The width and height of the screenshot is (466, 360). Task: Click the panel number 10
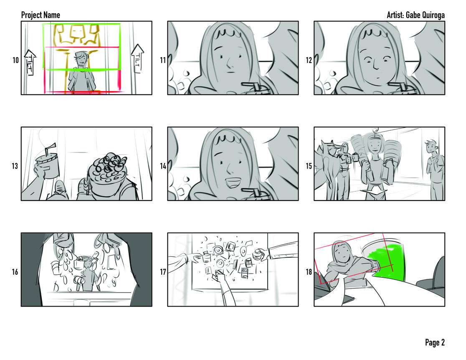coord(15,60)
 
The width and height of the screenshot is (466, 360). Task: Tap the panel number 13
coord(15,166)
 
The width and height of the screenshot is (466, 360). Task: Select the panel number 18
coord(309,272)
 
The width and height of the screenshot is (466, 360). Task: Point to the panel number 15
coord(309,166)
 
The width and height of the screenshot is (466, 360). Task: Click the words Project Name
coord(41,15)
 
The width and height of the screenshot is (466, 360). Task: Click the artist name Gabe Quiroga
coord(425,15)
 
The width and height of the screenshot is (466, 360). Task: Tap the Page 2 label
coord(435,342)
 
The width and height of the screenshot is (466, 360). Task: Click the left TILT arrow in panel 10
coord(30,62)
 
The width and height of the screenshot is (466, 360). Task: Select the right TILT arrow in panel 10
coord(138,58)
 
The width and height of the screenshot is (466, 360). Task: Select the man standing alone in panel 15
coord(436,170)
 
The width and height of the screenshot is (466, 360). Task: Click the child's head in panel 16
coord(88,263)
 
